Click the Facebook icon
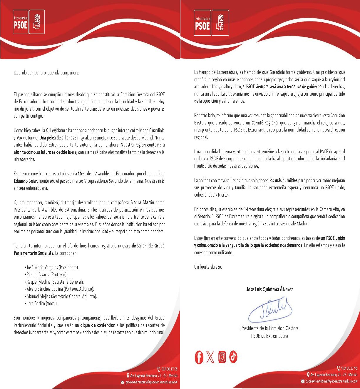tap(199, 357)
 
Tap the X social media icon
tap(210, 357)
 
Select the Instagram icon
tap(222, 357)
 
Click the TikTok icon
tap(233, 357)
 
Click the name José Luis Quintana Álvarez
tap(269, 289)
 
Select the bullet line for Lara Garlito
tap(42, 303)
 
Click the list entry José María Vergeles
tap(52, 267)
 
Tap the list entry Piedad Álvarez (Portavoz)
tap(47, 275)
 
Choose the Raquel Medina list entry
tap(55, 282)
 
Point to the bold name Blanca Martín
tap(142, 203)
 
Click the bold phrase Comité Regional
tap(265, 123)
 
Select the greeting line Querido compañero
tap(46, 73)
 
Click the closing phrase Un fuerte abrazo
tap(208, 267)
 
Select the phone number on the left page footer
tap(169, 369)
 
